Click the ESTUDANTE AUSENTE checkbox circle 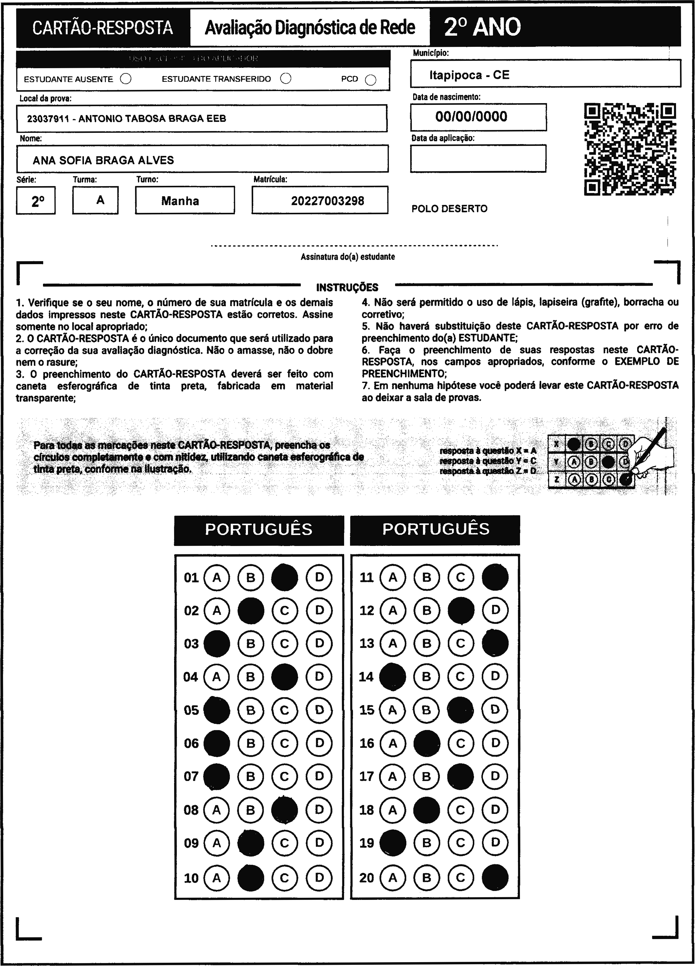point(126,79)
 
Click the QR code point(630,149)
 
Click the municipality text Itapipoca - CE point(469,75)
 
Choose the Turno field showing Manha point(180,201)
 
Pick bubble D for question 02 point(319,610)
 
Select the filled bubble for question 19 point(392,842)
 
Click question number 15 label point(366,710)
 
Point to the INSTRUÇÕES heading point(347,288)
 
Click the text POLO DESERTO point(449,209)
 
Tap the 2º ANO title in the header point(482,27)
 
